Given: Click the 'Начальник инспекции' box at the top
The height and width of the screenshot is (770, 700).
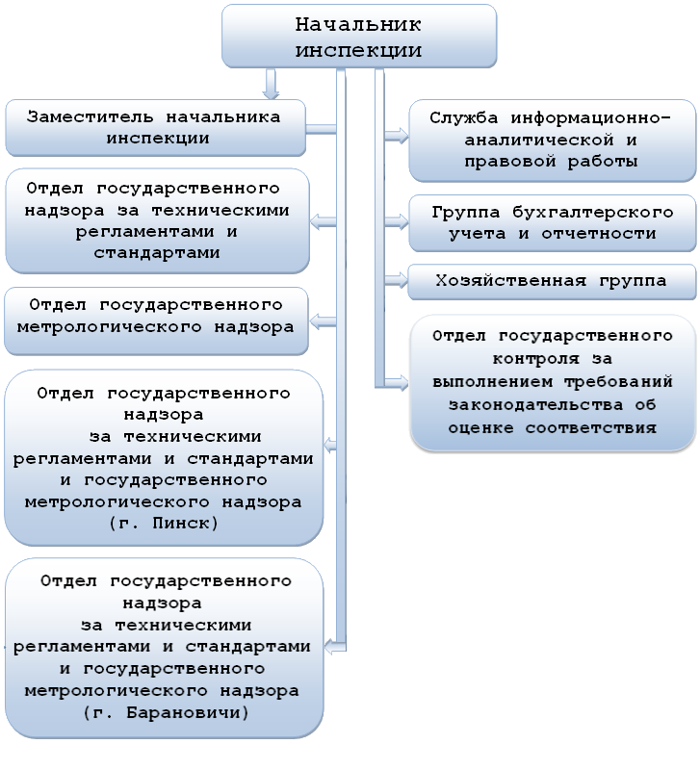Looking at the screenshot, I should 360,37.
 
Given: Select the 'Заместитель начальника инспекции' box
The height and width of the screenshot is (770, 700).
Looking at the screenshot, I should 154,127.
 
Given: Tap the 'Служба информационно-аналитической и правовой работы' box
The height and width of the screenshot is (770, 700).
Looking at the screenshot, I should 551,140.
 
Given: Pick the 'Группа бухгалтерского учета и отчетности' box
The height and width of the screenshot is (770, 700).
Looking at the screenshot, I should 551,222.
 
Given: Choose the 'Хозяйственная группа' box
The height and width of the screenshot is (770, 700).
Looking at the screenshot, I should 551,281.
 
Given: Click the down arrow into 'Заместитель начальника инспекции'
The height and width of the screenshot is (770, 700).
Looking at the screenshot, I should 272,90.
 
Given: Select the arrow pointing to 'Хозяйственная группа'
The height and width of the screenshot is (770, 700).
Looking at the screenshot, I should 395,280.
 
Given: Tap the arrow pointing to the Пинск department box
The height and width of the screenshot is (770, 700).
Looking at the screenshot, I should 331,447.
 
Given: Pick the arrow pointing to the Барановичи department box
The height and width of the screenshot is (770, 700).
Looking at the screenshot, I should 331,639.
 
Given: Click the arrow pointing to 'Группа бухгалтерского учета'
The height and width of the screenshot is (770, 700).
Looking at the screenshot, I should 395,221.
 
